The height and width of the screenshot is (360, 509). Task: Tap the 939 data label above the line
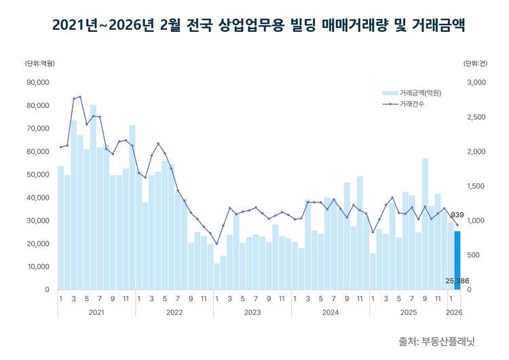pyautogui.click(x=457, y=215)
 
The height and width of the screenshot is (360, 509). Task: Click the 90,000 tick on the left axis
pyautogui.click(x=39, y=82)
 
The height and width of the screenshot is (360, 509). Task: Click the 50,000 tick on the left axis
pyautogui.click(x=39, y=175)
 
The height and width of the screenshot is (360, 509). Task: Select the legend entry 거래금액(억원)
pyautogui.click(x=421, y=92)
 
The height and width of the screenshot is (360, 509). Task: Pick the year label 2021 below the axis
pyautogui.click(x=96, y=312)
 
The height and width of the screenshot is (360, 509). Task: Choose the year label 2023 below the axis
pyautogui.click(x=252, y=312)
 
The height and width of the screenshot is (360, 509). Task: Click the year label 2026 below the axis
pyautogui.click(x=454, y=312)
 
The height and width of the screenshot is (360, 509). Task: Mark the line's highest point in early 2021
pyautogui.click(x=80, y=96)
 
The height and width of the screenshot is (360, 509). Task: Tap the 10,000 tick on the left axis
pyautogui.click(x=39, y=266)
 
